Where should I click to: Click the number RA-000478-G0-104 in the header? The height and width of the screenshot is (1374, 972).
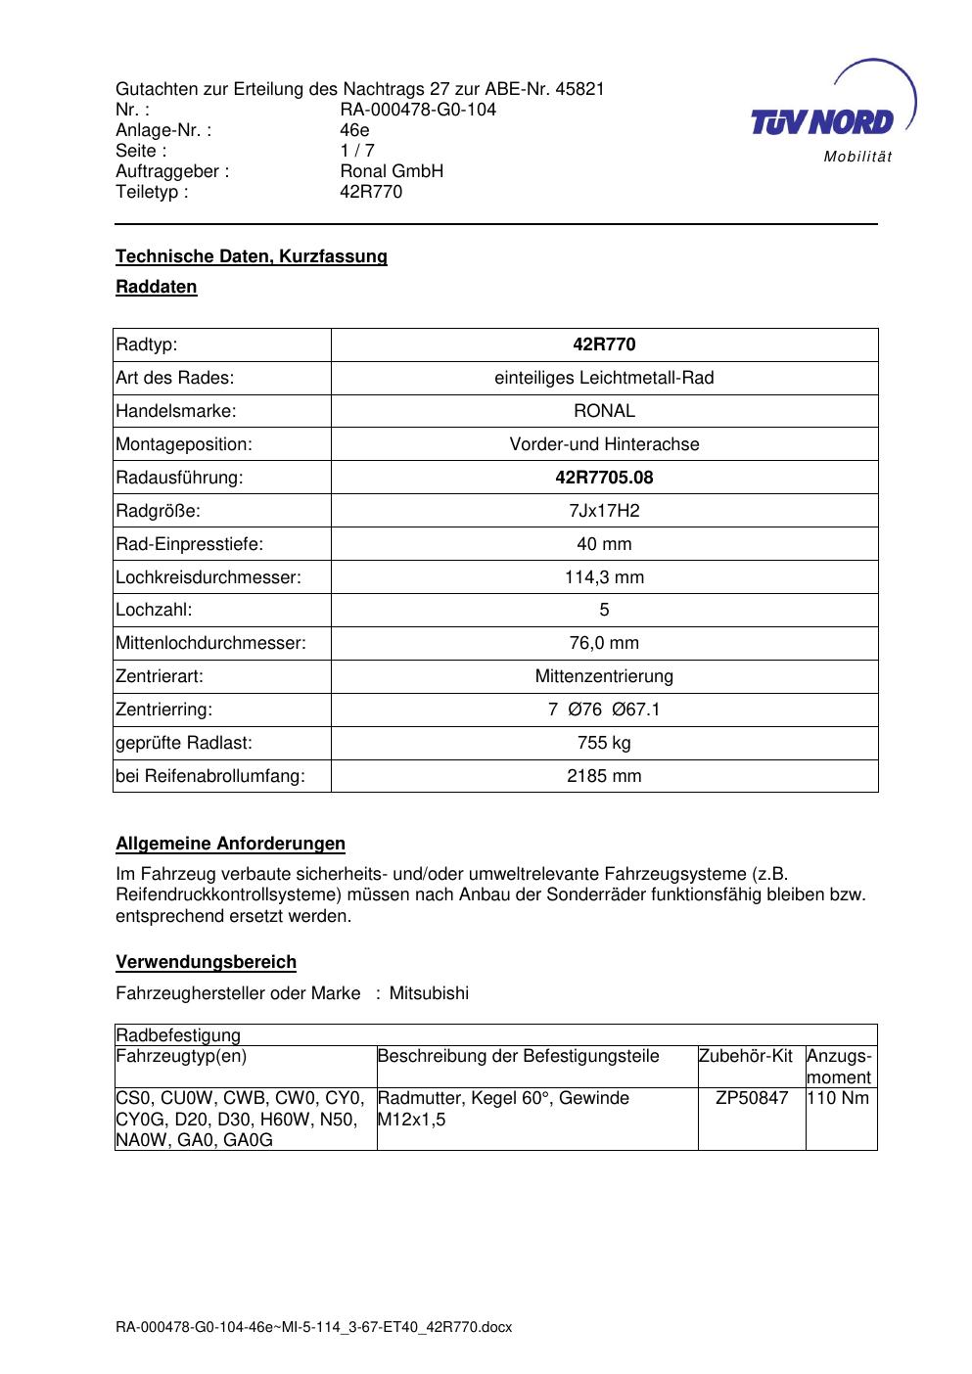coord(417,110)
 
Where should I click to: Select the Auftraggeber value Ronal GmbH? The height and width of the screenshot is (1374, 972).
coord(391,171)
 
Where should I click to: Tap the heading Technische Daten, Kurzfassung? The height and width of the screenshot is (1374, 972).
coord(252,256)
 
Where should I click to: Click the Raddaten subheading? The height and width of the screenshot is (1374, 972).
coord(157,287)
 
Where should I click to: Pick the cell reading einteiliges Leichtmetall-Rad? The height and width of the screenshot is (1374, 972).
coord(604,378)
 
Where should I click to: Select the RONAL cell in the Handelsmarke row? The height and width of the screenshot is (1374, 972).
coord(604,411)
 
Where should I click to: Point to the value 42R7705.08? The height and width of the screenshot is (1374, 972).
coord(604,478)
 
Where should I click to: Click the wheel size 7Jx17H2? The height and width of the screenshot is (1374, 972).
coord(604,511)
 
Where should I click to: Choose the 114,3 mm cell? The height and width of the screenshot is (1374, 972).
coord(604,577)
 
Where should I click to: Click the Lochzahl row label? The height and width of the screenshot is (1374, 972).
coord(154,610)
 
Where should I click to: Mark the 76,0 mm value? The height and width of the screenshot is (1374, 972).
coord(604,643)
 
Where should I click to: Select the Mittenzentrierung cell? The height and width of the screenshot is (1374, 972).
coord(604,676)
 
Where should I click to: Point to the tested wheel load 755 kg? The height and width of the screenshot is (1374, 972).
coord(604,743)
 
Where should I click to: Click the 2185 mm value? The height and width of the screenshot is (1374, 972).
coord(604,776)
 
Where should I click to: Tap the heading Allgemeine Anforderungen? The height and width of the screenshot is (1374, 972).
coord(230,844)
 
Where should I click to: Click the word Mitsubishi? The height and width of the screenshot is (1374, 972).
coord(429,993)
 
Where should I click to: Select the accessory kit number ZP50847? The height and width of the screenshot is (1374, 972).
coord(752,1098)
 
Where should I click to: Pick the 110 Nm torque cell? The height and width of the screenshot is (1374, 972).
coord(838,1098)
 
